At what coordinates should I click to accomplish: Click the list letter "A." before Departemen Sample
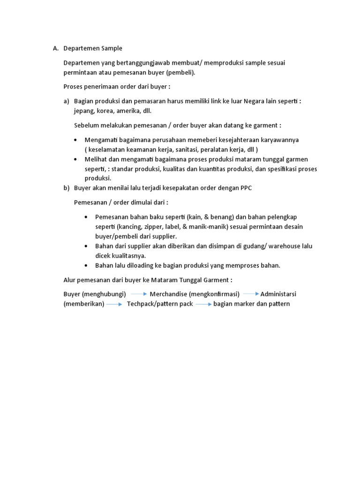(x=55, y=48)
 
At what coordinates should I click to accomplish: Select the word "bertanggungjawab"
(x=140, y=62)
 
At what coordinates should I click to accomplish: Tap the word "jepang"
(x=85, y=111)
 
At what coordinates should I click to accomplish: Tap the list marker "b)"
(x=67, y=188)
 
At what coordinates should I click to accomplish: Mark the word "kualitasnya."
(x=127, y=255)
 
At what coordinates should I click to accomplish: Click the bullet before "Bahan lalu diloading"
(x=87, y=265)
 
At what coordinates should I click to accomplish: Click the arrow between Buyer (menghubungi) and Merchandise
(x=139, y=294)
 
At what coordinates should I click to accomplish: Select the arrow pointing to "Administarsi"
(x=251, y=294)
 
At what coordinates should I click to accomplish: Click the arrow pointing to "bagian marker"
(x=204, y=304)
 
